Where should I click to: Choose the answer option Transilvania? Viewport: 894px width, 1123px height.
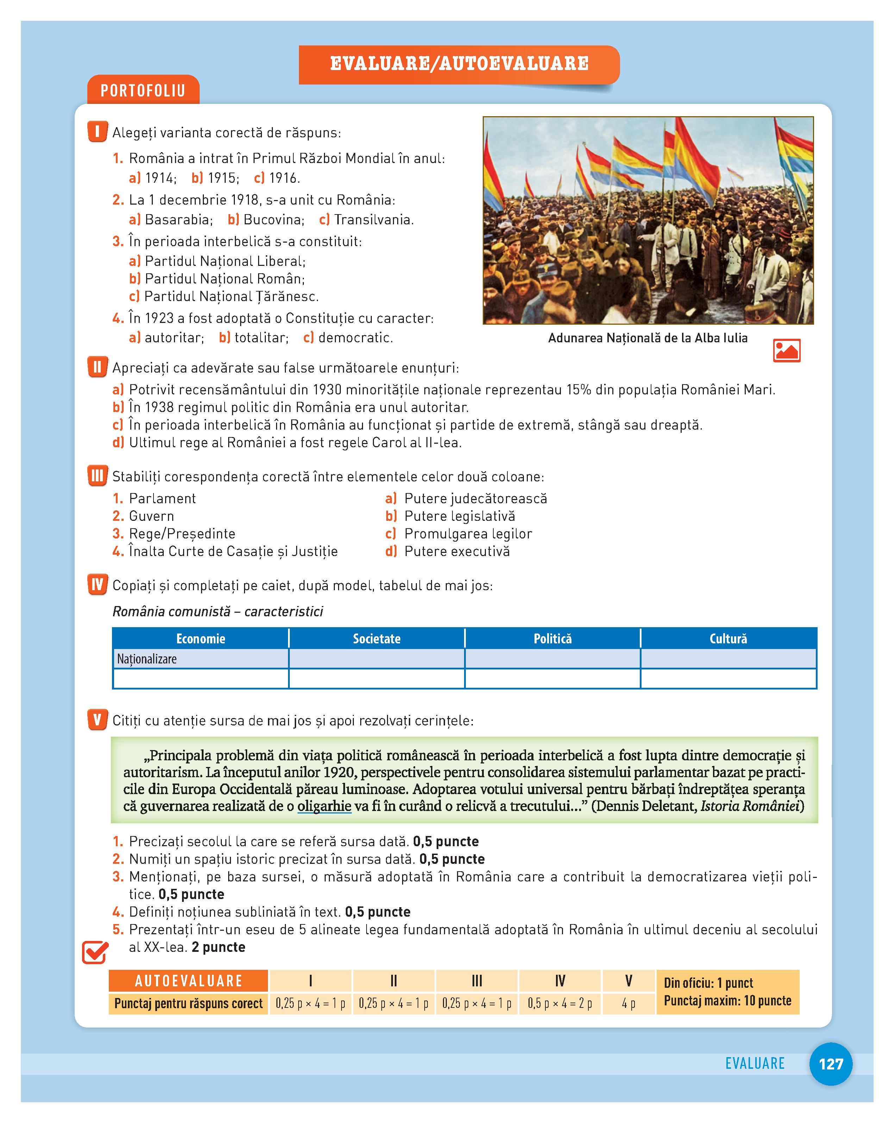(373, 220)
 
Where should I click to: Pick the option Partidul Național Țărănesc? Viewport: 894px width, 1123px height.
(231, 297)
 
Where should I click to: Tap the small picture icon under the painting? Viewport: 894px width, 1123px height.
(786, 350)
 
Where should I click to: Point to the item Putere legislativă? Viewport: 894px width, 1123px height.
(459, 516)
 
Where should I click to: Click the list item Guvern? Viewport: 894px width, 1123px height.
(151, 516)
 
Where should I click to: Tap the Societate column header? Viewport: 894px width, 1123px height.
(376, 638)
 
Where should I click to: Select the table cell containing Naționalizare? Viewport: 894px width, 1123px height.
(200, 659)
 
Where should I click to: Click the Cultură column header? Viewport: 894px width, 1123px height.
(728, 638)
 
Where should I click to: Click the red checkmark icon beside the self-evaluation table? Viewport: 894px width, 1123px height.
(95, 953)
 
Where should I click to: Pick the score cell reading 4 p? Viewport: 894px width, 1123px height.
(629, 1003)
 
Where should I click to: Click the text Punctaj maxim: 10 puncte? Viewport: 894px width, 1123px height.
(727, 1000)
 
